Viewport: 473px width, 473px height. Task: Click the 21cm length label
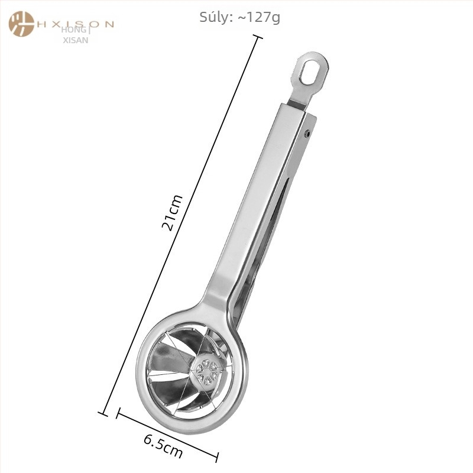pos(172,213)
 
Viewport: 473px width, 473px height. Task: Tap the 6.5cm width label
pos(163,446)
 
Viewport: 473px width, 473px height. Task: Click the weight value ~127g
pos(259,18)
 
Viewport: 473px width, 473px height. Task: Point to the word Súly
pos(215,17)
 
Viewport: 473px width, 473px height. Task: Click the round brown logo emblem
pos(21,24)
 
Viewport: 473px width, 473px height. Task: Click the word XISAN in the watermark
pos(76,40)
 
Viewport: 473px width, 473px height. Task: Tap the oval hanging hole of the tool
pos(308,72)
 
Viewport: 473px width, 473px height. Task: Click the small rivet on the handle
pos(307,134)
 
